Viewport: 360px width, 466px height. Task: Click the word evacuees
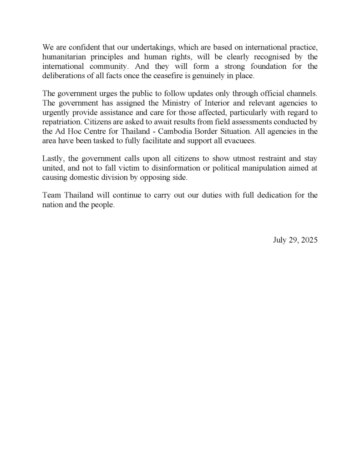[x=240, y=141]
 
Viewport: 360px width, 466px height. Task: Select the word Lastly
[x=53, y=159]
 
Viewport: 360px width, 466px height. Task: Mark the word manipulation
[x=271, y=169]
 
